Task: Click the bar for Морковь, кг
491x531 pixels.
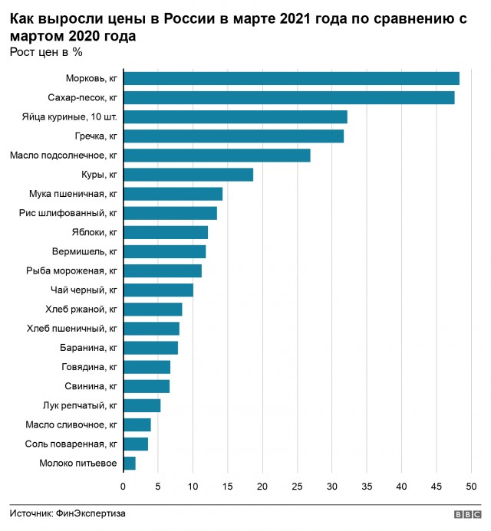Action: coord(292,78)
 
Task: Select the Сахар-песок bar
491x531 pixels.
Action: coord(289,97)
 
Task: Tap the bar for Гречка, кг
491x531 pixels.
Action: coord(233,136)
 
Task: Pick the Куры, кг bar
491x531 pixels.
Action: coord(188,175)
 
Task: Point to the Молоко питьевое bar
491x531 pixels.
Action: coord(130,463)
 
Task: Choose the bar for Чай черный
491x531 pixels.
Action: coord(158,290)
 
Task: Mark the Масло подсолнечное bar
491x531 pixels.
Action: coord(217,156)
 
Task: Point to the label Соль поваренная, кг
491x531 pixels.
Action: coord(71,444)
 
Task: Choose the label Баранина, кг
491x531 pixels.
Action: coord(87,348)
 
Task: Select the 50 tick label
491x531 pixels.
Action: coord(472,486)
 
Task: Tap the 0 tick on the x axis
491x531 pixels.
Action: coord(124,486)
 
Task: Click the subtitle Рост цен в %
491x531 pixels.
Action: coord(46,52)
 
